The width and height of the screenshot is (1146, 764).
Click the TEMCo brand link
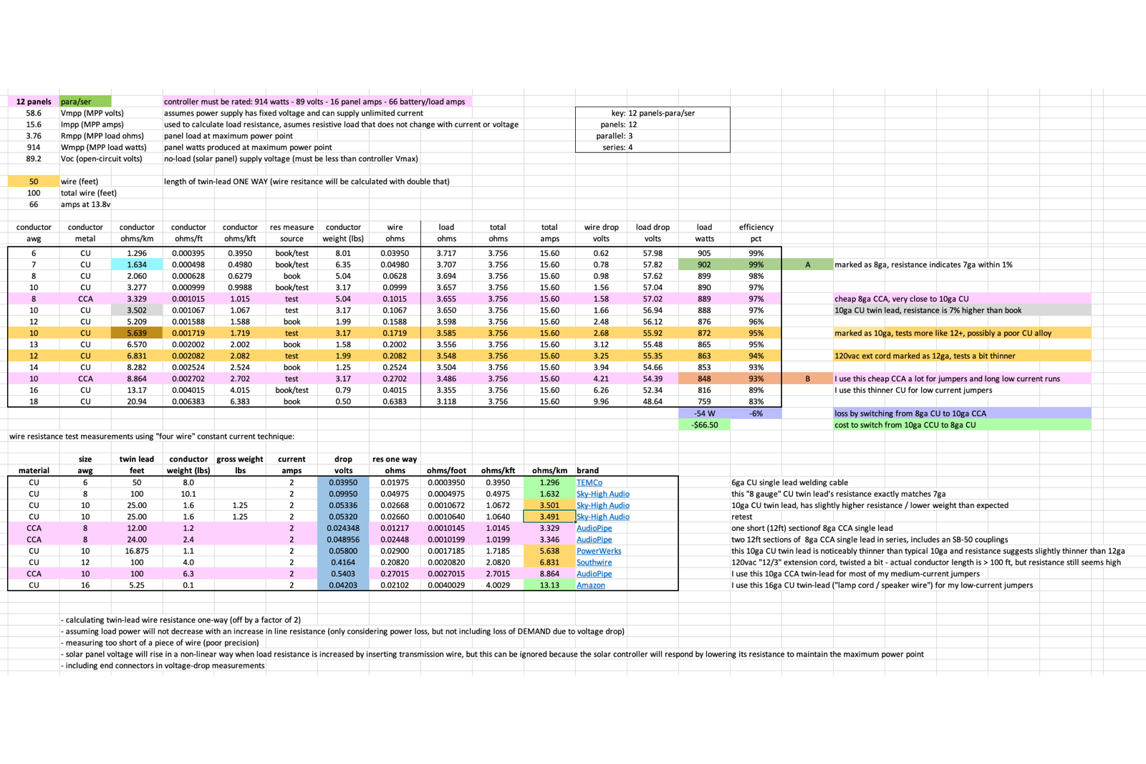[589, 482]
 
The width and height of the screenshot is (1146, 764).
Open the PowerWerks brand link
[599, 551]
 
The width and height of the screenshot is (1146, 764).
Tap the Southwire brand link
[594, 563]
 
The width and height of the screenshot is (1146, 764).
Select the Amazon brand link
[591, 586]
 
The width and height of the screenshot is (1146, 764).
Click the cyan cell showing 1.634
[137, 264]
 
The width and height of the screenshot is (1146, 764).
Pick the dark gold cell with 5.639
[137, 333]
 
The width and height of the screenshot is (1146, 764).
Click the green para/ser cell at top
[85, 102]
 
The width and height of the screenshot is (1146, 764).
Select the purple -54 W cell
[704, 414]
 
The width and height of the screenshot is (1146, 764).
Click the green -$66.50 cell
[704, 425]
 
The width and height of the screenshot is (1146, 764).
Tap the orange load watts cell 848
[704, 379]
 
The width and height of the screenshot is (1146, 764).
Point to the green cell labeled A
[807, 264]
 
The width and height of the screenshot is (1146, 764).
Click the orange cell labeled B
[807, 379]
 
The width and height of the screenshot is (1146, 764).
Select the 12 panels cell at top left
[34, 102]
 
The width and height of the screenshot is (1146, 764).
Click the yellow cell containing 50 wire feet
[34, 181]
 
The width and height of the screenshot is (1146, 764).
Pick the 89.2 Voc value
[34, 159]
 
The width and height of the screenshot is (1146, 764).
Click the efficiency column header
[756, 227]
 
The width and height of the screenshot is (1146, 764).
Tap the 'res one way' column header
[395, 459]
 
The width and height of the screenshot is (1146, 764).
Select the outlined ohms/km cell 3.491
[549, 517]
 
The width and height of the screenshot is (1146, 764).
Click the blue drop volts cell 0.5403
[343, 574]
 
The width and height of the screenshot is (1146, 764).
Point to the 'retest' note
[742, 517]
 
